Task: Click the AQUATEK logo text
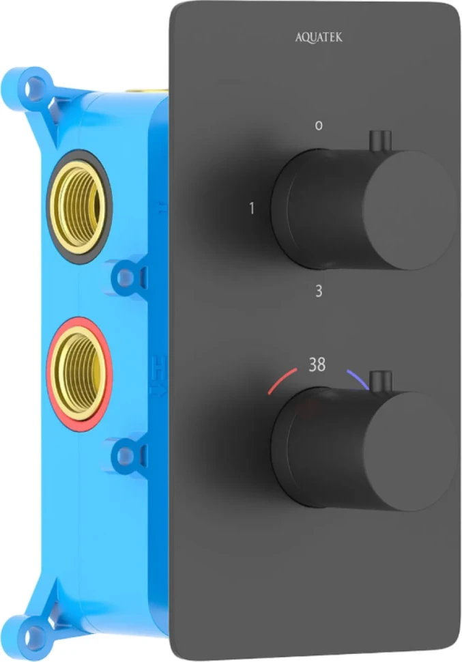[319, 38]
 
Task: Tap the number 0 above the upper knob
[319, 126]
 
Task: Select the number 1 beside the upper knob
[252, 208]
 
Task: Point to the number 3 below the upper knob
[319, 291]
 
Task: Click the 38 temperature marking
[317, 364]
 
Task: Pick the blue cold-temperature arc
[358, 379]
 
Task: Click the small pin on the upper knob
[381, 142]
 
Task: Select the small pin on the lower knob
[381, 382]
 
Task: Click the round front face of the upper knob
[409, 210]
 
